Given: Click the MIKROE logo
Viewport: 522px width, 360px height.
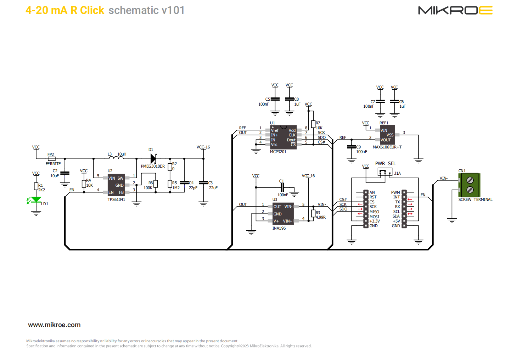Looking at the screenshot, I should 455,10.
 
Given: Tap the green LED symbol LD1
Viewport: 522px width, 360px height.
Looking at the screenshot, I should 36,200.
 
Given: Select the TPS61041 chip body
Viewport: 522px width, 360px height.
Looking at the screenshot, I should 116,185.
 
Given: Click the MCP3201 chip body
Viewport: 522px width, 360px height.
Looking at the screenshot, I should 283,137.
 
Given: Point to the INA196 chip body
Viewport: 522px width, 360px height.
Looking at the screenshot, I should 283,214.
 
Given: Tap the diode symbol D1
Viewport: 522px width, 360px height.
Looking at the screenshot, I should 153,158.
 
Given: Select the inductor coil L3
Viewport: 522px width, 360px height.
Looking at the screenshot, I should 116,157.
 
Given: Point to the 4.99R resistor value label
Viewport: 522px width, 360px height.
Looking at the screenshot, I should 321,217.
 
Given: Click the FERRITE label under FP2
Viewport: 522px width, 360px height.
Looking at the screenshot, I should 53,164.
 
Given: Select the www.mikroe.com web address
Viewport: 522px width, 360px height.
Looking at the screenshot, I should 54,325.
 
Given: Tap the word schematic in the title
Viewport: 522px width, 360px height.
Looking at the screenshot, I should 134,10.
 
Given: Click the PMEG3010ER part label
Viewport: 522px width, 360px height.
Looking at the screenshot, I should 153,166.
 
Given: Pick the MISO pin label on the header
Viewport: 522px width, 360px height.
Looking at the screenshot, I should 374,212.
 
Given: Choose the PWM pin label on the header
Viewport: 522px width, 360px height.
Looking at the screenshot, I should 395,192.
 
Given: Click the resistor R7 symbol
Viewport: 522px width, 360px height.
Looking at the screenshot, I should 313,124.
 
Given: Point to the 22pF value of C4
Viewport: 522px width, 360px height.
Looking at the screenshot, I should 193,188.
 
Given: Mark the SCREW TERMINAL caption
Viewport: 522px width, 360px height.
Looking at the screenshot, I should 475,199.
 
